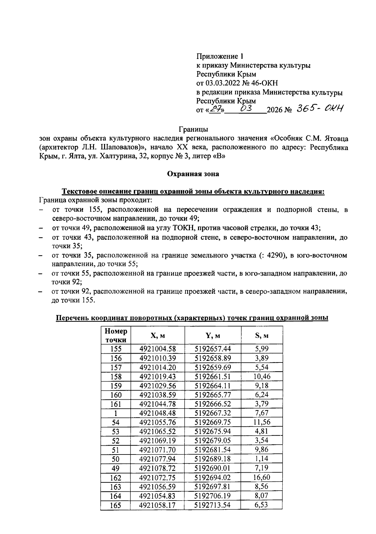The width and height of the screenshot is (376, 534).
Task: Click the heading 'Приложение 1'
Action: [x=220, y=56]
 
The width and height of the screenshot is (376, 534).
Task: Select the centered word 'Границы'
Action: [x=193, y=129]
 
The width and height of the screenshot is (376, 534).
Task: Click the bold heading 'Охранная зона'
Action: [x=193, y=174]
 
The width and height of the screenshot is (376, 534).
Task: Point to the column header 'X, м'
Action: [x=158, y=336]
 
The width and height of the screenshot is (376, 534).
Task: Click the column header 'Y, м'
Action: [x=213, y=336]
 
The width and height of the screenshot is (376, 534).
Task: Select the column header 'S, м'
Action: [x=262, y=336]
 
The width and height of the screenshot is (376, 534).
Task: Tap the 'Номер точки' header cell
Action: [x=116, y=336]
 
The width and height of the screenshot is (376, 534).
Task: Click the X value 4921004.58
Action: [x=158, y=349]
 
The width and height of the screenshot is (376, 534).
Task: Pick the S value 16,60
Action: [x=262, y=477]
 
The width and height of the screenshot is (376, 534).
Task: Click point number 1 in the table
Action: [x=116, y=413]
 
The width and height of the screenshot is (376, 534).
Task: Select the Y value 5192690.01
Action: [x=213, y=468]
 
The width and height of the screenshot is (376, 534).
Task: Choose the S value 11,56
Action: [x=262, y=422]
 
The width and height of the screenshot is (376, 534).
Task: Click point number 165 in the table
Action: [x=116, y=505]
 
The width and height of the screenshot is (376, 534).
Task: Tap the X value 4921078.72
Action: [x=158, y=468]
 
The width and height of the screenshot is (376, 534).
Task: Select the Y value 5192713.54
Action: [x=213, y=505]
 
